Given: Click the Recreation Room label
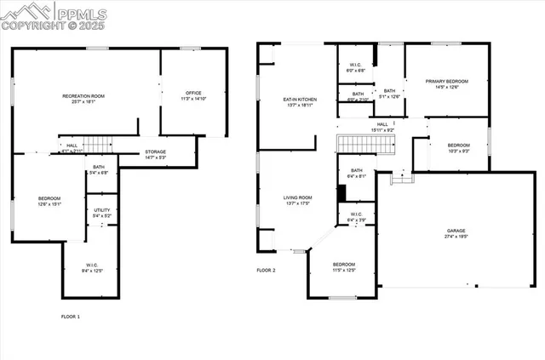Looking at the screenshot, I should (x=83, y=95).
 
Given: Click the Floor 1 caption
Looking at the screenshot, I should (x=71, y=317).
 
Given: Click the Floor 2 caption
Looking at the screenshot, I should (x=267, y=270).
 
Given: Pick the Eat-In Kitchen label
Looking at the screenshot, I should (x=300, y=100).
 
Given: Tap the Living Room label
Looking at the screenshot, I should (x=298, y=197).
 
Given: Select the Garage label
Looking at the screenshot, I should (x=456, y=230).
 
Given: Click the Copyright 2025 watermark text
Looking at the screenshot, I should (x=52, y=27).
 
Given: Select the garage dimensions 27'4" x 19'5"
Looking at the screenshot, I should (x=456, y=237).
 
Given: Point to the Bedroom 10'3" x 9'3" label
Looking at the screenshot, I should (x=457, y=146).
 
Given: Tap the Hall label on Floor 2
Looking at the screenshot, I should (x=382, y=124).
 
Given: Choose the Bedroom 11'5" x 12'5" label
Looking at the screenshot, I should (x=344, y=265).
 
